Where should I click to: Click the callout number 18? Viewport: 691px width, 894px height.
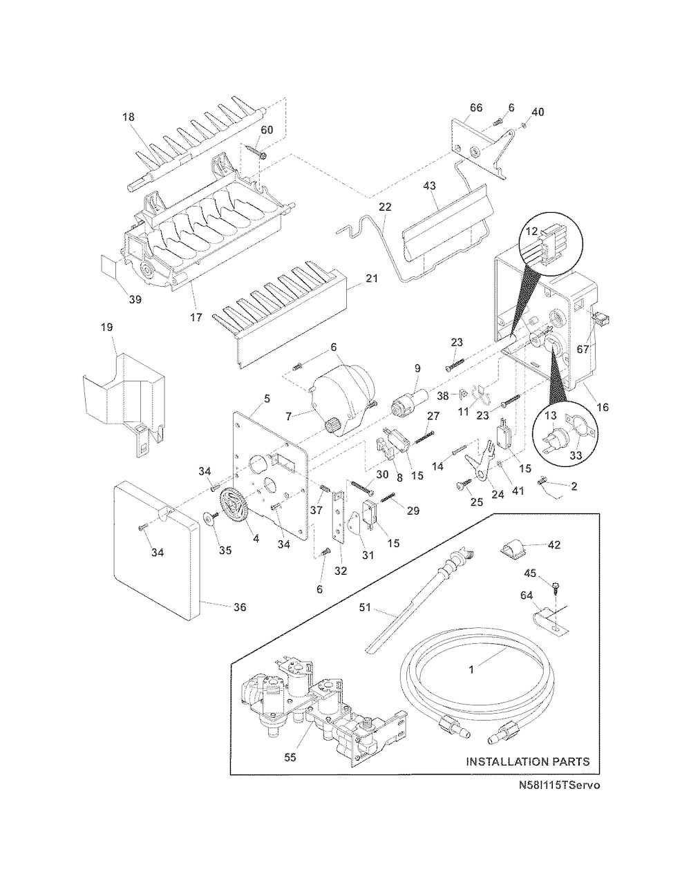coord(129,117)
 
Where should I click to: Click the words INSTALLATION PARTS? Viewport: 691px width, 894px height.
coord(528,761)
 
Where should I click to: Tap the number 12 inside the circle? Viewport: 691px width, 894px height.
coord(532,231)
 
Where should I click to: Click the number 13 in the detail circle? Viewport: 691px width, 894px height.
coord(550,416)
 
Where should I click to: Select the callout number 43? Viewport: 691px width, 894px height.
coord(429,186)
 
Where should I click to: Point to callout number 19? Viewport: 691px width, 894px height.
coord(107,327)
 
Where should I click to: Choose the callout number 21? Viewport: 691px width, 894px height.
coord(372,278)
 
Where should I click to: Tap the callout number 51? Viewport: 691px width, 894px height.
coord(366,607)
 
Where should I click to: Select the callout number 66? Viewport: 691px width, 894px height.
coord(476,107)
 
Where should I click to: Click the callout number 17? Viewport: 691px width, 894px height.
coord(196,317)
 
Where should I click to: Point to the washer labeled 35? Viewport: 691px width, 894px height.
coord(210,519)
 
